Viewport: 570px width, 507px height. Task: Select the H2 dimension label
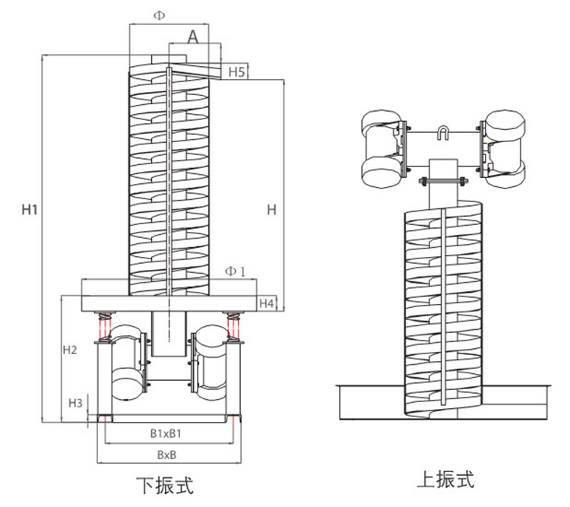[69, 350]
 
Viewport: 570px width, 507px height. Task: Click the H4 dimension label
[266, 303]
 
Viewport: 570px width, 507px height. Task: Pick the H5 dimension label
[236, 72]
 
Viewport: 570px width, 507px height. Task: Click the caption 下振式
[164, 485]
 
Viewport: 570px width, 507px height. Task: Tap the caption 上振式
[445, 480]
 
